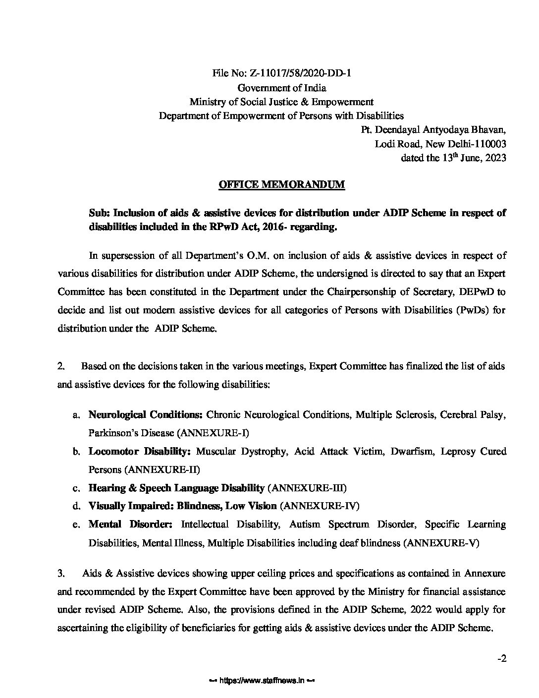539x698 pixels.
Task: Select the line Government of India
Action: (x=282, y=88)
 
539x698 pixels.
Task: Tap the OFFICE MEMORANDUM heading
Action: (x=282, y=185)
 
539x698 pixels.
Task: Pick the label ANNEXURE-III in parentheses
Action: (x=307, y=488)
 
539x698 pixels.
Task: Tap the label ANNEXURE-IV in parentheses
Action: (x=319, y=506)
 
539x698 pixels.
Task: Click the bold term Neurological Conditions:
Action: (x=146, y=414)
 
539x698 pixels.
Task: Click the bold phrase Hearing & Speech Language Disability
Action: (x=176, y=488)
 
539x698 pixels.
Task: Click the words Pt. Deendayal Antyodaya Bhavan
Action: (x=433, y=130)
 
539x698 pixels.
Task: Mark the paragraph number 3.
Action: (x=61, y=574)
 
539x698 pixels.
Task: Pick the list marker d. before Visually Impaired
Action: (x=76, y=506)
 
